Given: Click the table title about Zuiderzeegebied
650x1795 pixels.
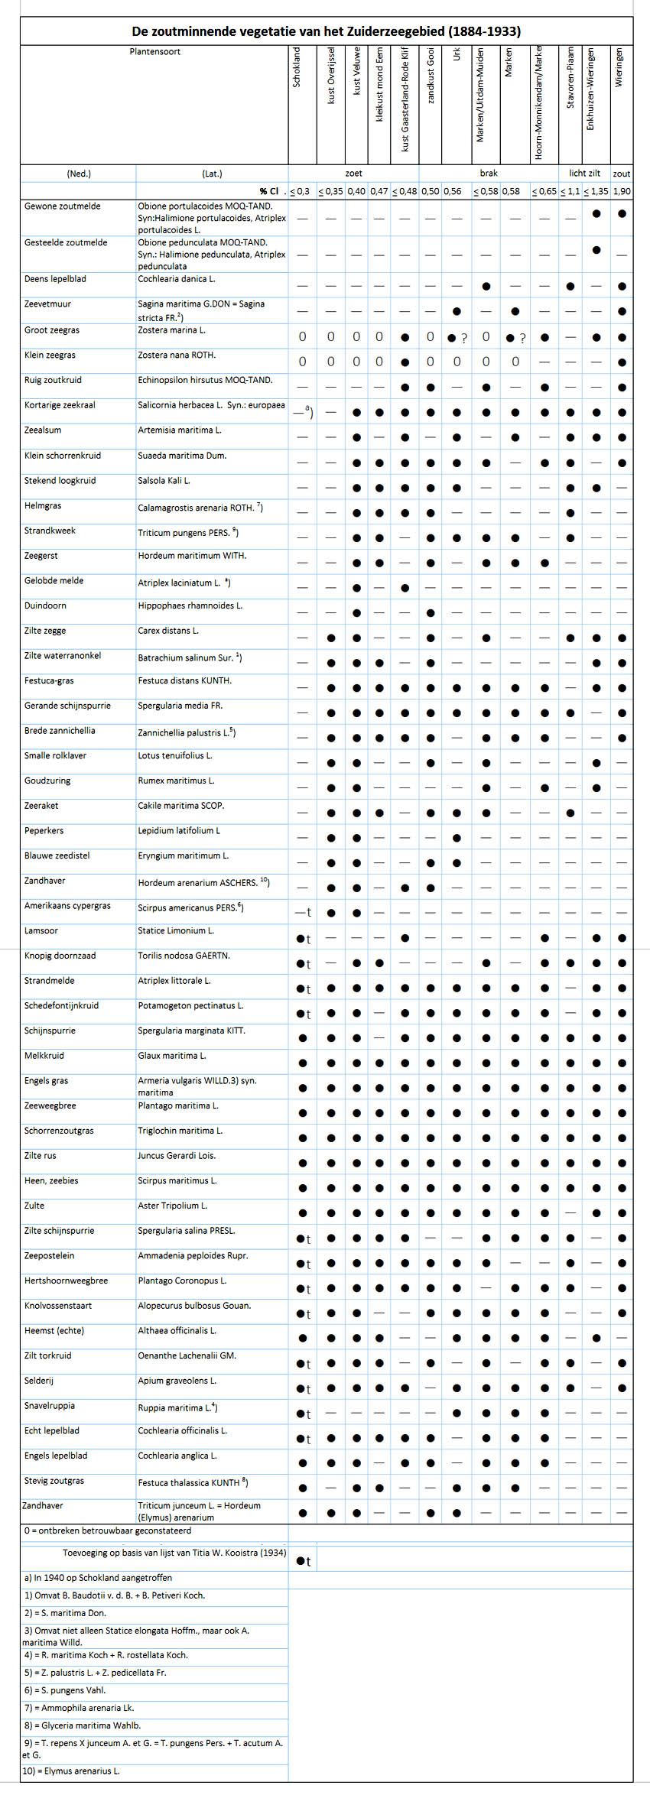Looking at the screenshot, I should pos(326,31).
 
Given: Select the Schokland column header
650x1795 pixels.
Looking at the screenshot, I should pos(297,67).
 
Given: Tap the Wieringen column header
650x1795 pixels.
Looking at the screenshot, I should pos(619,67).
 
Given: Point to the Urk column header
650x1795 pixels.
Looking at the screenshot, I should pos(457,54).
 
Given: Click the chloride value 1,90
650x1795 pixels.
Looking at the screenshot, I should pos(621,191).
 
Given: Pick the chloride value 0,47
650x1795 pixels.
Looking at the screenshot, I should pos(379,191).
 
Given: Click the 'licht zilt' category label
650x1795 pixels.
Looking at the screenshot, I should pos(584,174).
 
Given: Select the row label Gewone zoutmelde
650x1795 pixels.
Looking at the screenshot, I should pos(62,206).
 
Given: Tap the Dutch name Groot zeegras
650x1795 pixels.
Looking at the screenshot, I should pos(51,330).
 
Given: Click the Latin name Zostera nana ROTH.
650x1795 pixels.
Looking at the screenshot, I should pos(177,355).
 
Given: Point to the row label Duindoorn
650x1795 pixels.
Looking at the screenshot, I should pos(45,605).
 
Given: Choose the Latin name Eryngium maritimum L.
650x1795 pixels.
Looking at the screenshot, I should pos(184,856).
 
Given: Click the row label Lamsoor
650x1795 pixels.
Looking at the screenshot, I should pos(41,931).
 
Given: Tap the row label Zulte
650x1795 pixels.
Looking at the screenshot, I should pos(34,1206).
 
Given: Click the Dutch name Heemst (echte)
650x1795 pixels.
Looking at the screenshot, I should pos(54,1331).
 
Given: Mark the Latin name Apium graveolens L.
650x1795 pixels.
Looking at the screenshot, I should pos(177,1381).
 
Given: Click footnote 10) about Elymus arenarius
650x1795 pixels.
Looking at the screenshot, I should pos(71,1771).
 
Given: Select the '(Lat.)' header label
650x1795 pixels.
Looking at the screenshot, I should pos(212,174).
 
